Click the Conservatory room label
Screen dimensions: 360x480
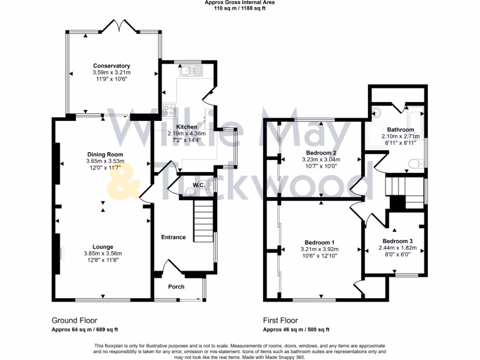pos(111,66)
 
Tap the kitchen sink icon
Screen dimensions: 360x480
pos(191,71)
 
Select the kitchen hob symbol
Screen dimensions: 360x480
pos(169,111)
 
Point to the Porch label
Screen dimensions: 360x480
pos(176,286)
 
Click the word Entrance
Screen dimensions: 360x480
pos(173,237)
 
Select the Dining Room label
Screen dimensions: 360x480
pos(105,154)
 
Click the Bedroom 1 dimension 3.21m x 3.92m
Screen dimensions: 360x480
pos(319,249)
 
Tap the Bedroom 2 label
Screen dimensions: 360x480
pos(321,153)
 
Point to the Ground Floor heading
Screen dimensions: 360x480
pos(74,321)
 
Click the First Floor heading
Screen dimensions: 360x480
pos(280,321)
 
